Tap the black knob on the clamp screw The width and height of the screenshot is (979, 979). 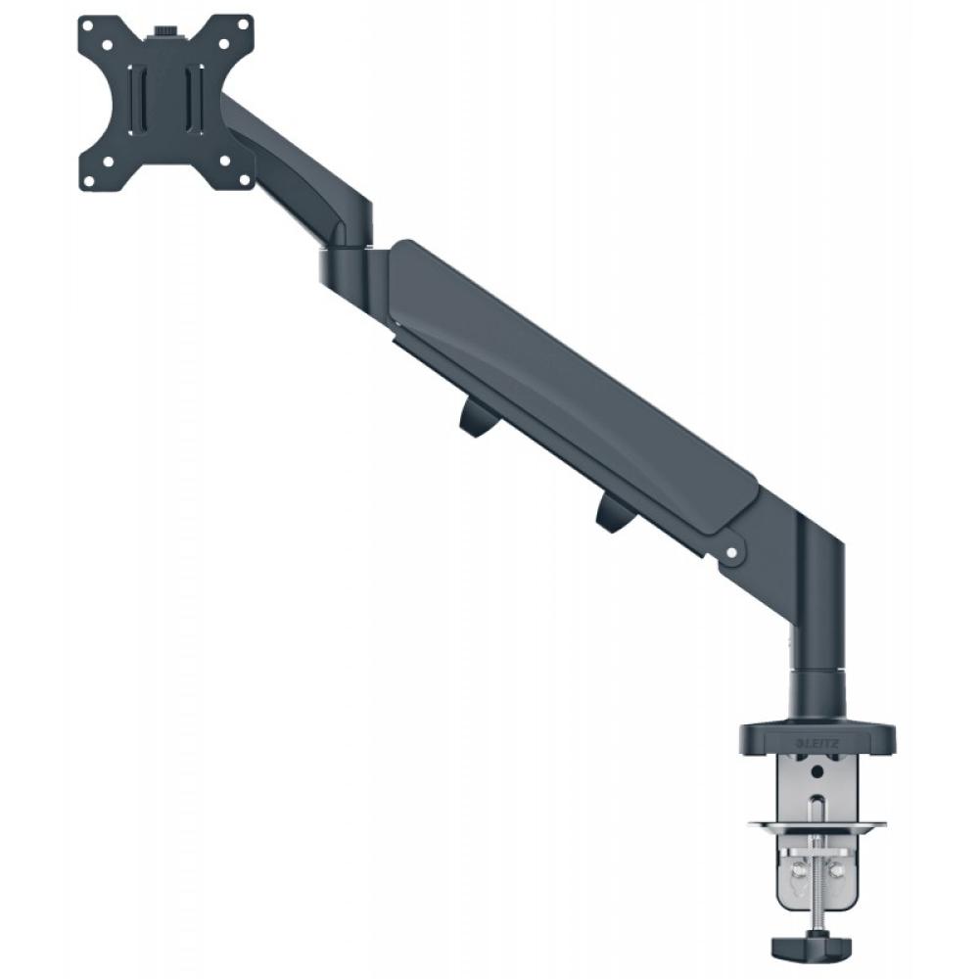813,949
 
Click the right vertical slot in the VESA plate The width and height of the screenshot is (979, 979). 195,99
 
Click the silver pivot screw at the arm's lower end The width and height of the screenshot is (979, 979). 729,554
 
